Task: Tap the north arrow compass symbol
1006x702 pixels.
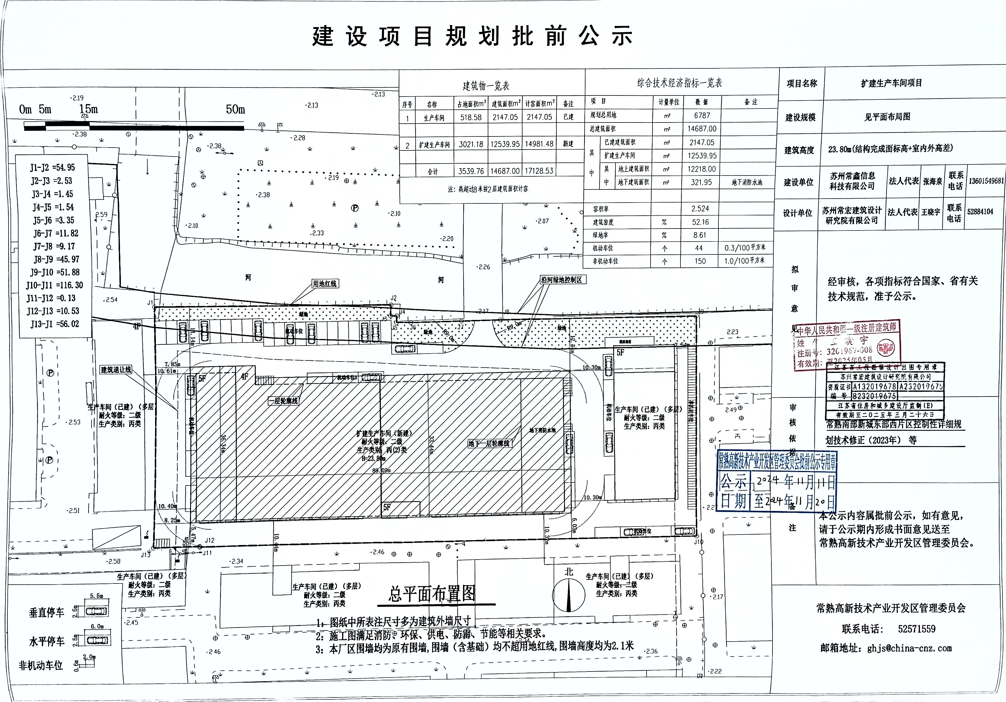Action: coord(569,595)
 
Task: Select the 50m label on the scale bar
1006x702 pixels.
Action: coord(235,109)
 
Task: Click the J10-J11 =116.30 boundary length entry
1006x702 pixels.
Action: coord(54,285)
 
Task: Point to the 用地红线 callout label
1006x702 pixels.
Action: coord(325,284)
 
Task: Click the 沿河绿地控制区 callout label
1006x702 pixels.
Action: coord(561,280)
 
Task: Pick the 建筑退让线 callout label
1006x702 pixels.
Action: coord(116,370)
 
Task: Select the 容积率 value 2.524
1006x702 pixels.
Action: coord(700,209)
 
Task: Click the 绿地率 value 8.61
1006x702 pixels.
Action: coord(700,235)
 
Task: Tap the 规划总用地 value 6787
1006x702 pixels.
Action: coord(702,116)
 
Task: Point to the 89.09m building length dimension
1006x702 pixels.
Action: coord(381,471)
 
